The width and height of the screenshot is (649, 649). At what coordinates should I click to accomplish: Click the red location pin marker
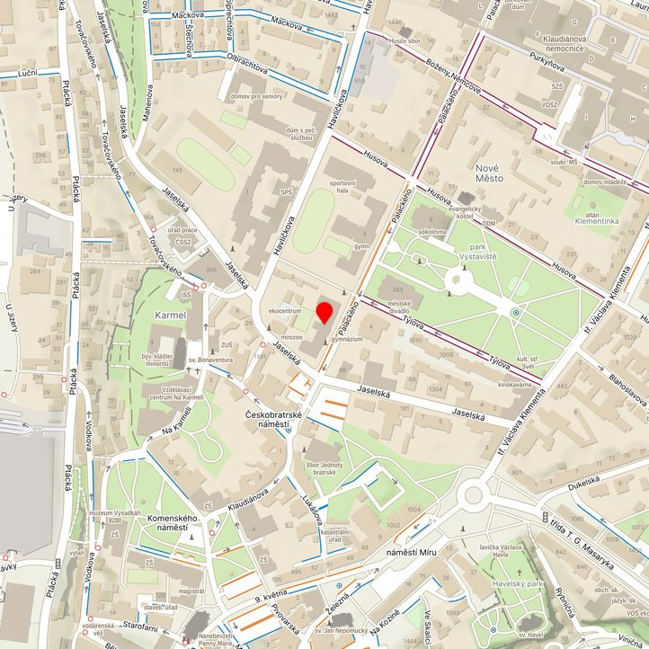click(324, 313)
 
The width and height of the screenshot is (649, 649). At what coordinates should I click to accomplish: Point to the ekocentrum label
click(285, 311)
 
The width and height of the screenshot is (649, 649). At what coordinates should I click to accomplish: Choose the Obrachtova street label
click(251, 60)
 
